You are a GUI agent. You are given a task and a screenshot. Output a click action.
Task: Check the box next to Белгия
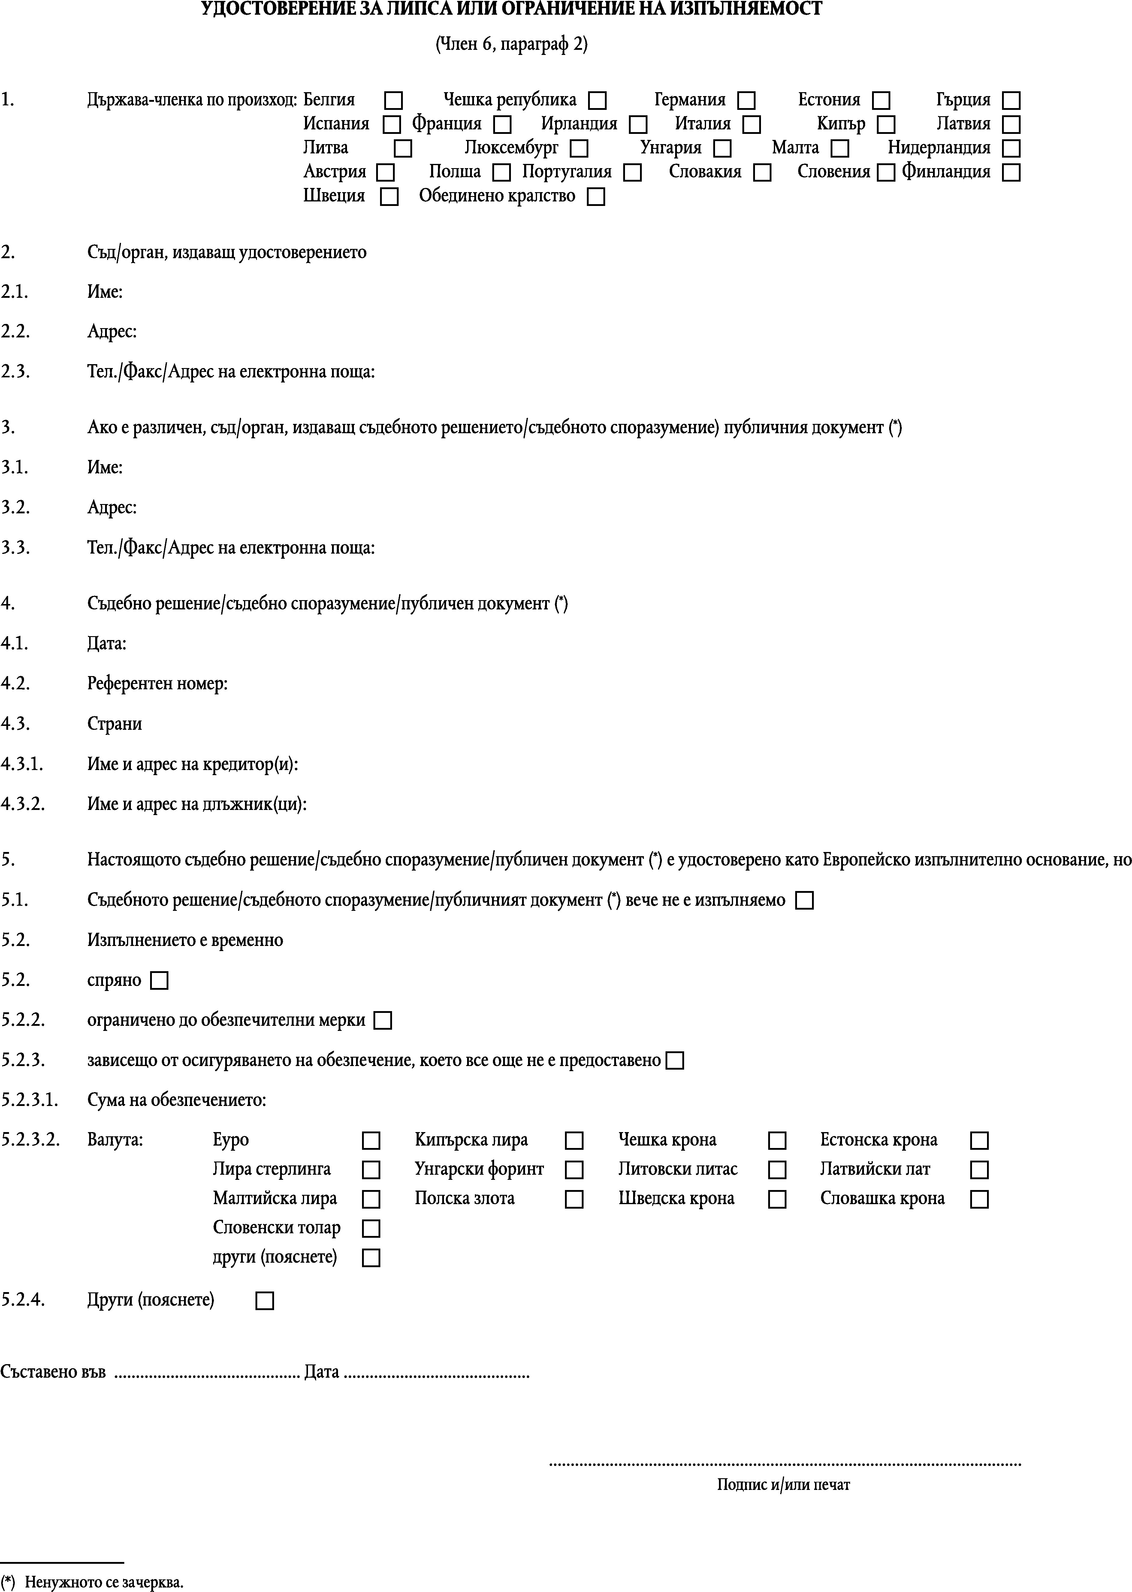coord(394,100)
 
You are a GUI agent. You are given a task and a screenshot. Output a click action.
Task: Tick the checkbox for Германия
coord(747,100)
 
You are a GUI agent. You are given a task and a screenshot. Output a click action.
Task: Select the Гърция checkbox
coord(1011,100)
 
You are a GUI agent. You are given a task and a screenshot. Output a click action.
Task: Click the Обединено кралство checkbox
coord(596,197)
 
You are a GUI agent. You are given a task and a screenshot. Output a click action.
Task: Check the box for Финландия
coord(1011,172)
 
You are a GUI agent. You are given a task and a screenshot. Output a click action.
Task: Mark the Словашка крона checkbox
coord(979,1199)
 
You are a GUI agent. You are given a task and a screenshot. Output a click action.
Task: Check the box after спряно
coord(160,981)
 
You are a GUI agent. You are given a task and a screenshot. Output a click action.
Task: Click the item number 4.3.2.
coord(23,804)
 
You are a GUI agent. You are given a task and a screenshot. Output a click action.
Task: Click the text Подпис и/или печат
coord(783,1485)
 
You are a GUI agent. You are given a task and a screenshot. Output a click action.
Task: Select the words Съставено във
coord(53,1372)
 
